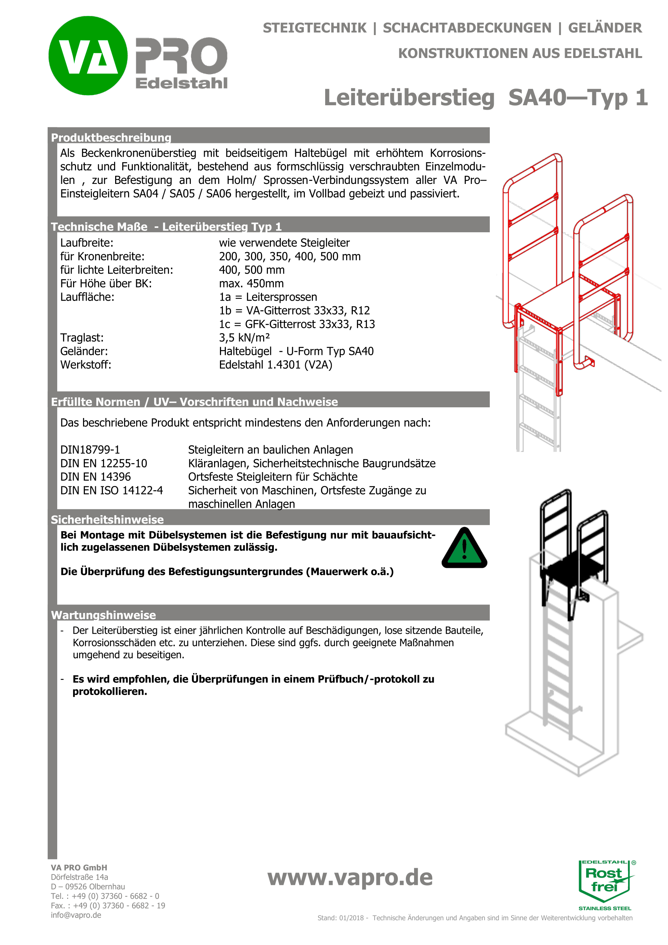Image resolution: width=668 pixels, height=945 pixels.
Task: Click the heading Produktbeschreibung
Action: [x=111, y=137]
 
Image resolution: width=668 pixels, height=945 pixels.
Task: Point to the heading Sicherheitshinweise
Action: [x=107, y=520]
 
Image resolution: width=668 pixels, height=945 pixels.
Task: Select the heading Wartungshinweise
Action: [x=103, y=615]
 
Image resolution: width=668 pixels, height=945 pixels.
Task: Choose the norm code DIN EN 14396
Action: [x=96, y=477]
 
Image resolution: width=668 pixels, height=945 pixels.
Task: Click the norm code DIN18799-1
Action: [x=90, y=449]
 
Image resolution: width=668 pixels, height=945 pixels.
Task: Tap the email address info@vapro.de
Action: [x=76, y=915]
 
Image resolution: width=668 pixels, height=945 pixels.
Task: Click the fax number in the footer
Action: [x=108, y=905]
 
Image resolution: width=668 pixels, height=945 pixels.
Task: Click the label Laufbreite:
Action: [x=86, y=243]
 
